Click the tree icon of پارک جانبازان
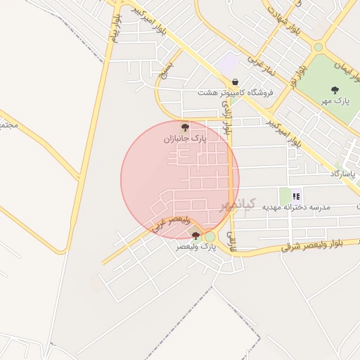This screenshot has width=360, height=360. (185, 127)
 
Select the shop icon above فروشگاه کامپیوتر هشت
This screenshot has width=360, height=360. (234, 82)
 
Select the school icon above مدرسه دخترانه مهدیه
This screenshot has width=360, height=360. (296, 196)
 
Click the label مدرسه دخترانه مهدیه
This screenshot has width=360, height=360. (296, 207)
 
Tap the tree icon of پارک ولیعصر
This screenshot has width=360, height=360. (195, 236)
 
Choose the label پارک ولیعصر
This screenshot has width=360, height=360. (197, 247)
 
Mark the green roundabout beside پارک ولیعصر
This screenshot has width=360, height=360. (210, 236)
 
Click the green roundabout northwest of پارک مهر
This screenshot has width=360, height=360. (319, 47)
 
